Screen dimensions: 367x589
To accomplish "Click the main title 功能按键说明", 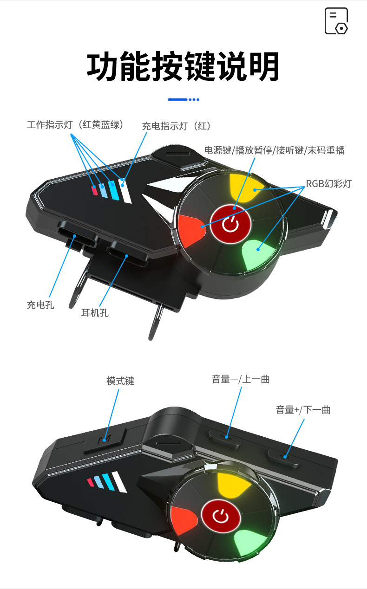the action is pos(183,67).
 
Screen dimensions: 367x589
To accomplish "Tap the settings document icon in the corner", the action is pos(336,21).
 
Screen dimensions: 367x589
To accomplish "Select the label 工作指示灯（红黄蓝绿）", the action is pos(75,124).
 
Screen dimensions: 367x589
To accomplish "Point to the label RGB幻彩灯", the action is pos(328,184).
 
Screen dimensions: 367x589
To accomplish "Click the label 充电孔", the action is pos(40,305).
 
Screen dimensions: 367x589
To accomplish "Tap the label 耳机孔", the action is pos(95,313).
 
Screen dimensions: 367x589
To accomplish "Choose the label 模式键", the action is pos(120,381).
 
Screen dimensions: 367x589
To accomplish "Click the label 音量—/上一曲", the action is pos(241,379).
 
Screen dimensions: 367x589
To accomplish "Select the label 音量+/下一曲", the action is pos(303,409).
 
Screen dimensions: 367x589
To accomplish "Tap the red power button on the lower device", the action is pos(221,516).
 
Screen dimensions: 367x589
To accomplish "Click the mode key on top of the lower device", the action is pos(105,439).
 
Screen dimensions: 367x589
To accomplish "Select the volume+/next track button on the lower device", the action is pos(284,455).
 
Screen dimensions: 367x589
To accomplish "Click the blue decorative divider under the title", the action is pos(183,99).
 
